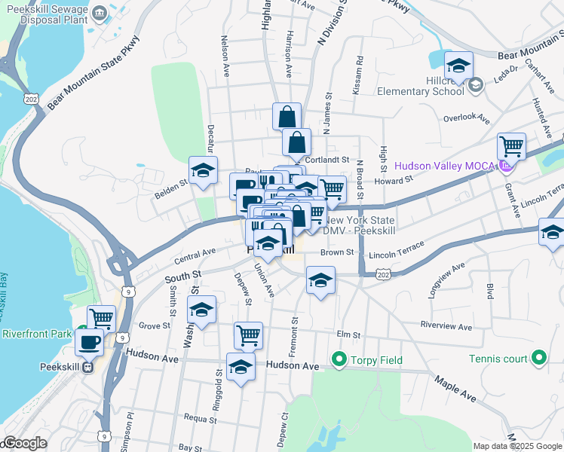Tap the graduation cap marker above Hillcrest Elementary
pos(458,66)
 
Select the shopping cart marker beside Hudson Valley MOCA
pos(511,146)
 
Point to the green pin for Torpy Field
pos(339,359)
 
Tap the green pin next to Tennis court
pos(538,358)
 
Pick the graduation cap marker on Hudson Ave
pos(241,368)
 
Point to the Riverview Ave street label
pos(446,327)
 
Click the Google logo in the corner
pos(25,443)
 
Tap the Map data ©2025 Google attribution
pos(516,446)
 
